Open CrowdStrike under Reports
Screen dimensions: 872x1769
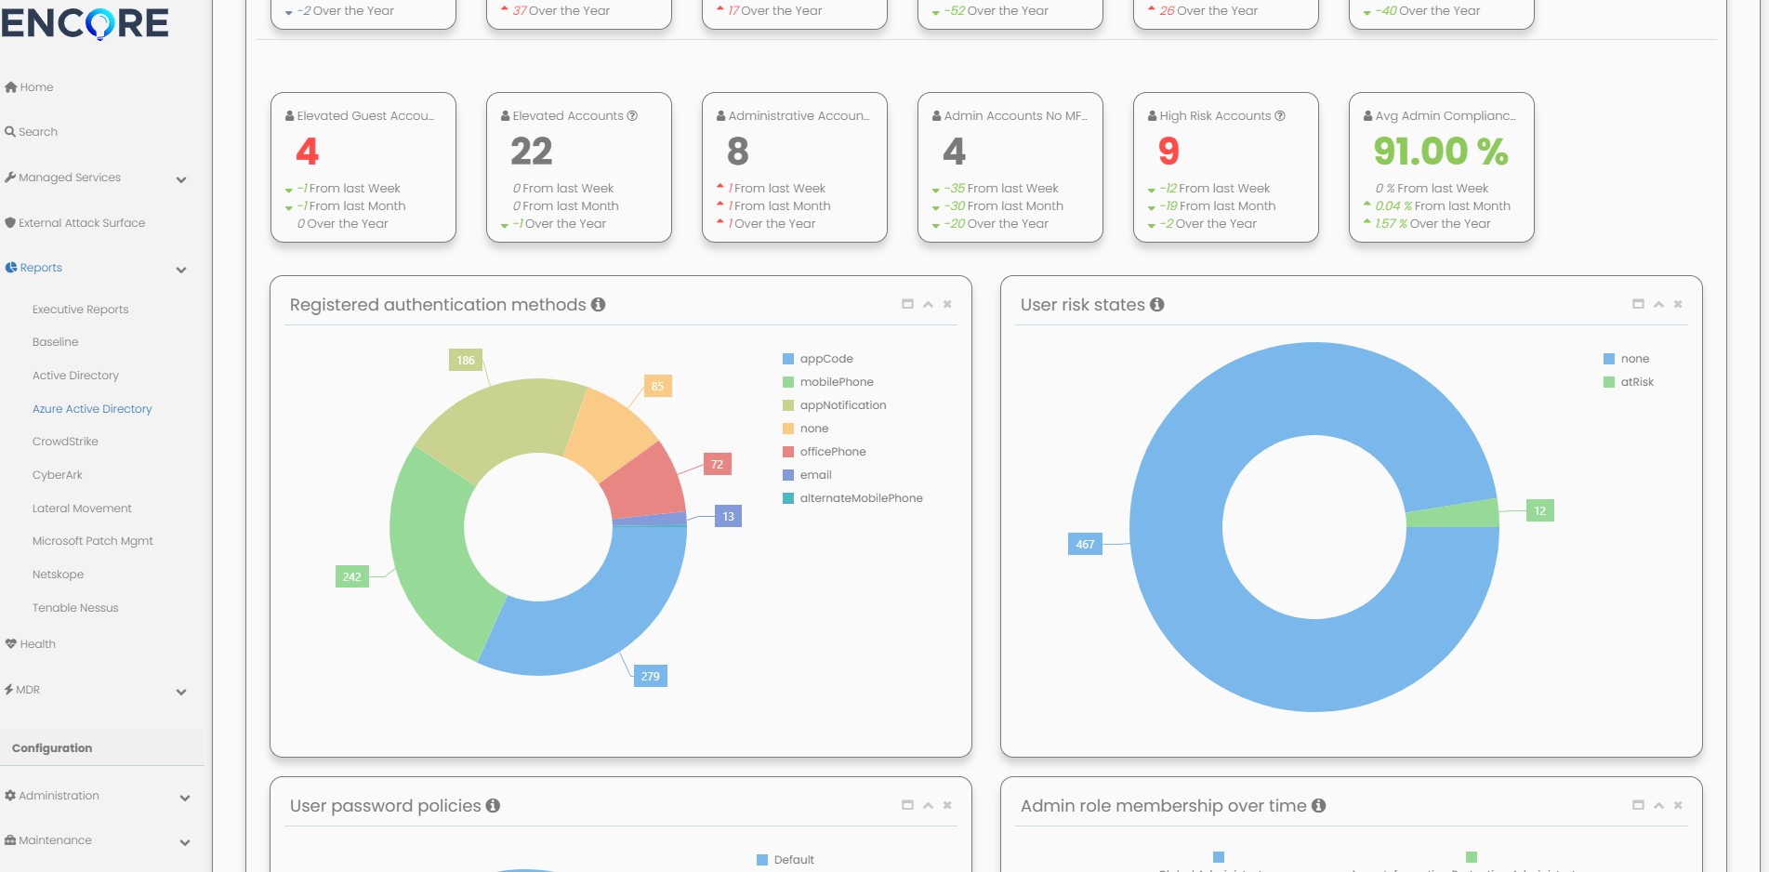[65, 442]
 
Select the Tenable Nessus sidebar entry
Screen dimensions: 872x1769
[75, 608]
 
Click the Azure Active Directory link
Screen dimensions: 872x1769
[92, 409]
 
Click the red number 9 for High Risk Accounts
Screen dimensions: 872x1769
[1168, 152]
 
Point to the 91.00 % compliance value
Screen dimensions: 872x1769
[1440, 152]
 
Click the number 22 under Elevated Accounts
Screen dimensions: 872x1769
[532, 152]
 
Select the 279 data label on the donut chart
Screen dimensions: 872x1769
[650, 677]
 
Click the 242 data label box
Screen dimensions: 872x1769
[351, 577]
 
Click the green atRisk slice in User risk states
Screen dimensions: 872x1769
[1451, 513]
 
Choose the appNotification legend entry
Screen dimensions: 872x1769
[842, 405]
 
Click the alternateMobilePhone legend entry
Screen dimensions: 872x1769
[861, 498]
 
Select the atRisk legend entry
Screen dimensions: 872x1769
[1636, 382]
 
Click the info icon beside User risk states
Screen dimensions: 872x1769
[1157, 305]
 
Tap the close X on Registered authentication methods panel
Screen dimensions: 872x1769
[947, 304]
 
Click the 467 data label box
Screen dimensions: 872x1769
[1085, 545]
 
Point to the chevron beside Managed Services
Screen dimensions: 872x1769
[181, 179]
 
